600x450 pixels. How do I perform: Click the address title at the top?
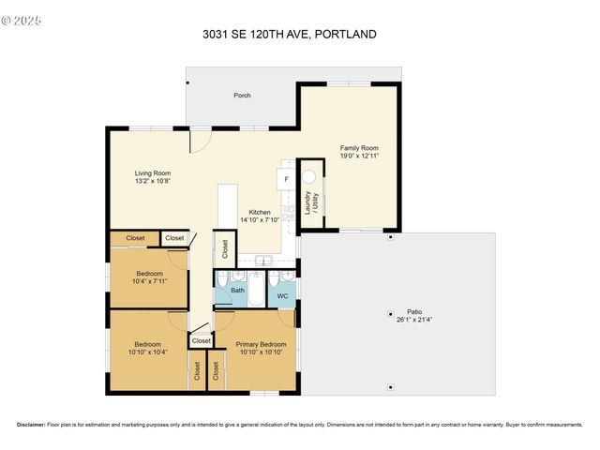pos(290,35)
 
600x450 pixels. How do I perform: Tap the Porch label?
pos(242,96)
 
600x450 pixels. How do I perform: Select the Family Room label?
pos(359,148)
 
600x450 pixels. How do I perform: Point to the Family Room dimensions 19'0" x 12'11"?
pos(359,157)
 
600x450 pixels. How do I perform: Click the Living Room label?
pos(152,173)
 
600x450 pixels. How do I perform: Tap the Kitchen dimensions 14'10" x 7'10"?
pos(260,220)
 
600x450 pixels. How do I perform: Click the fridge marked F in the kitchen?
pos(286,178)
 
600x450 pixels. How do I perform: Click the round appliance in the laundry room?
pos(308,175)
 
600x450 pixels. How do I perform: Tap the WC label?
pos(282,296)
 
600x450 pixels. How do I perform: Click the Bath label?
pos(237,291)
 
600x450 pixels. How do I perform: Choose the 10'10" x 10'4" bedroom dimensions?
pos(148,352)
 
